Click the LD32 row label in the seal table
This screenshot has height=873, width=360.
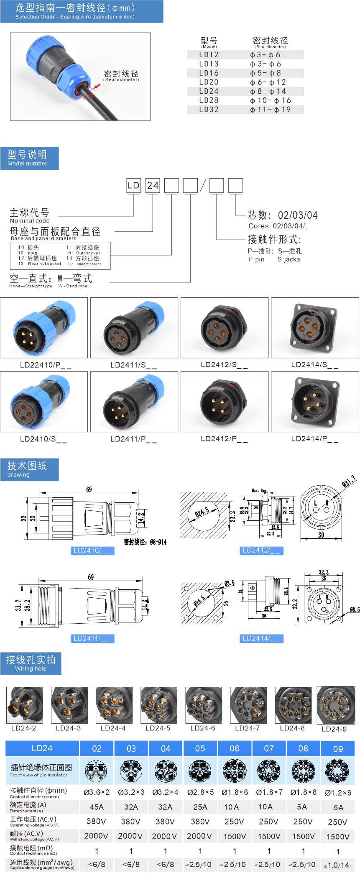pos(209,110)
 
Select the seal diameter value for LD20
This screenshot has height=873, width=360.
pos(268,82)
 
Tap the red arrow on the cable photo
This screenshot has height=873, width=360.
pos(97,87)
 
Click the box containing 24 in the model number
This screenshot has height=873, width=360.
pos(153,186)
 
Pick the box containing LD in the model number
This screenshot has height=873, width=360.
pos(133,186)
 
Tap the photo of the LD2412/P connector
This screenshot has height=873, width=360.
pos(225,402)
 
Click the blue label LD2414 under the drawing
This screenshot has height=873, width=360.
pos(262,638)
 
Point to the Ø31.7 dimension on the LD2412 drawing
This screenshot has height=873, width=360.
pos(349,481)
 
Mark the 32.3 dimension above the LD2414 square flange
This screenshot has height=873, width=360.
pos(324,572)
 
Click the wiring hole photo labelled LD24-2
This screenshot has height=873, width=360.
pos(24,705)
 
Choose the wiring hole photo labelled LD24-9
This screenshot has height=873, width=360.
pos(335,705)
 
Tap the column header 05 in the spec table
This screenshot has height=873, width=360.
pos(200,748)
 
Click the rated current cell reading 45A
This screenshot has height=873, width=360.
pos(97,807)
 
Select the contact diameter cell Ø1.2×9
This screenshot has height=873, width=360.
pos(338,793)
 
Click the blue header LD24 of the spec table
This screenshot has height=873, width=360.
pos(42,748)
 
